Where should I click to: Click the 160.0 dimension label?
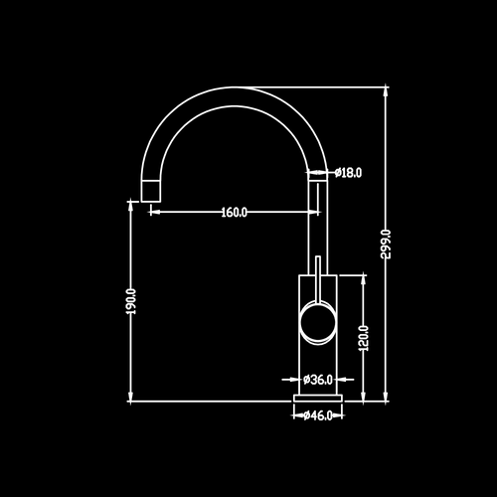pyautogui.click(x=234, y=212)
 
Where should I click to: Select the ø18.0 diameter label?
pyautogui.click(x=348, y=173)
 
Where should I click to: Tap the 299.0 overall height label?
pyautogui.click(x=386, y=244)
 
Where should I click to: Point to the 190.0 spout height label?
pyautogui.click(x=132, y=301)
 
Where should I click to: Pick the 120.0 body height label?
pyautogui.click(x=364, y=338)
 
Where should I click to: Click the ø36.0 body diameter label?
pyautogui.click(x=318, y=380)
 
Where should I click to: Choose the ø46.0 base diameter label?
pyautogui.click(x=318, y=415)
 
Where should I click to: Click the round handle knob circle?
pyautogui.click(x=318, y=322)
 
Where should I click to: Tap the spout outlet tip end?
pyautogui.click(x=151, y=201)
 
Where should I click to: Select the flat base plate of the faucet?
pyautogui.click(x=318, y=398)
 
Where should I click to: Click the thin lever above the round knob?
pyautogui.click(x=318, y=279)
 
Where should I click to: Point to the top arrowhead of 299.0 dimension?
pyautogui.click(x=386, y=91)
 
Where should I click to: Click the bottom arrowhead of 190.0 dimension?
pyautogui.click(x=130, y=397)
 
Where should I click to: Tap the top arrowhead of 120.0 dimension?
pyautogui.click(x=364, y=279)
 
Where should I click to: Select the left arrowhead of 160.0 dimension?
pyautogui.click(x=155, y=212)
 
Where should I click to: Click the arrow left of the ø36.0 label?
pyautogui.click(x=290, y=380)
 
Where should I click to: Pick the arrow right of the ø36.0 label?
pyautogui.click(x=345, y=380)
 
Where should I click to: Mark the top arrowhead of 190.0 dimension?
pyautogui.click(x=130, y=206)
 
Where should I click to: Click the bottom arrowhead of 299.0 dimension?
pyautogui.click(x=386, y=397)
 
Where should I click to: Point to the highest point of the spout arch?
pyautogui.click(x=235, y=87)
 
